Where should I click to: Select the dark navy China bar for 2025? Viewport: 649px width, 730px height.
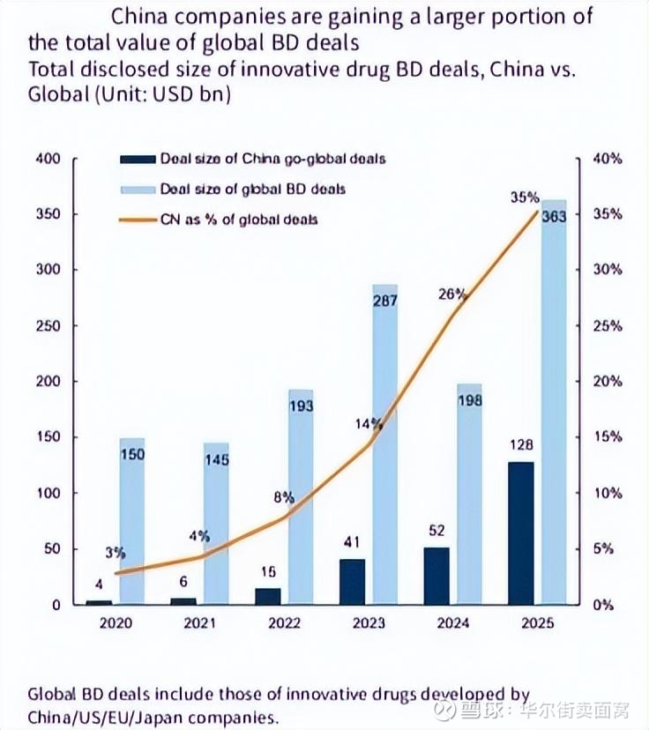point(520,533)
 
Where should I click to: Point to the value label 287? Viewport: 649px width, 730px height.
point(385,301)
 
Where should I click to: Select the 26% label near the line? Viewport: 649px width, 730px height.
point(451,294)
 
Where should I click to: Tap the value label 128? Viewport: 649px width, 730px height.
point(520,446)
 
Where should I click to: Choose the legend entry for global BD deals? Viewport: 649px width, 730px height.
point(252,189)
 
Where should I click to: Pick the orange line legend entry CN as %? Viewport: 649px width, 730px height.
point(238,219)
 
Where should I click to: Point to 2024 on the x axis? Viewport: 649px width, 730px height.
point(452,622)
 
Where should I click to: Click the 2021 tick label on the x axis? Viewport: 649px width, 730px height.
point(199,622)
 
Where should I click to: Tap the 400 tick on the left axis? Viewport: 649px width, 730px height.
point(47,159)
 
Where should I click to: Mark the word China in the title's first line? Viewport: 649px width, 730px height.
point(151,17)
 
